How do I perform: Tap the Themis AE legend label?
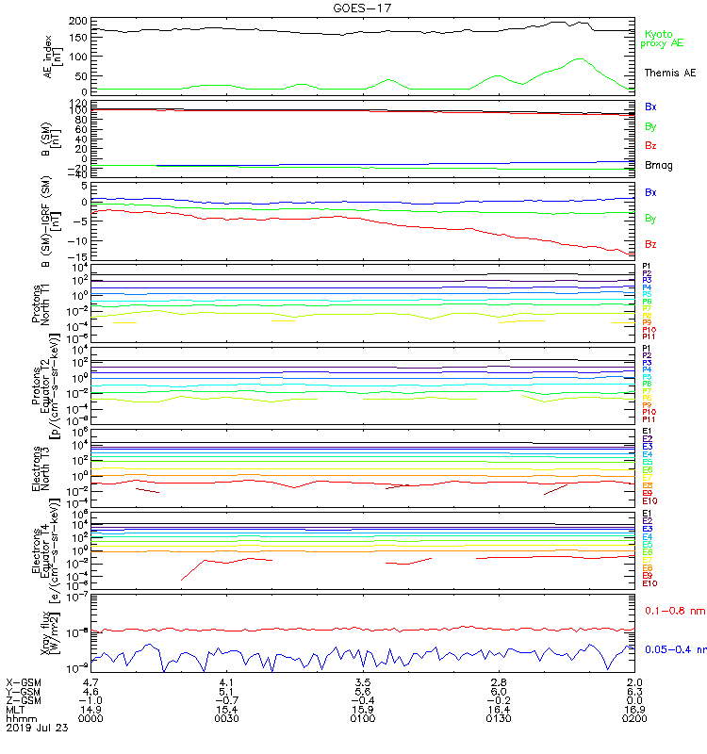tap(669, 73)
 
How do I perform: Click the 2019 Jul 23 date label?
tap(37, 728)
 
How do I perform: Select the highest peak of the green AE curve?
tap(578, 59)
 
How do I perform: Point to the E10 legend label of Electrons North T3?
tap(649, 500)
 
